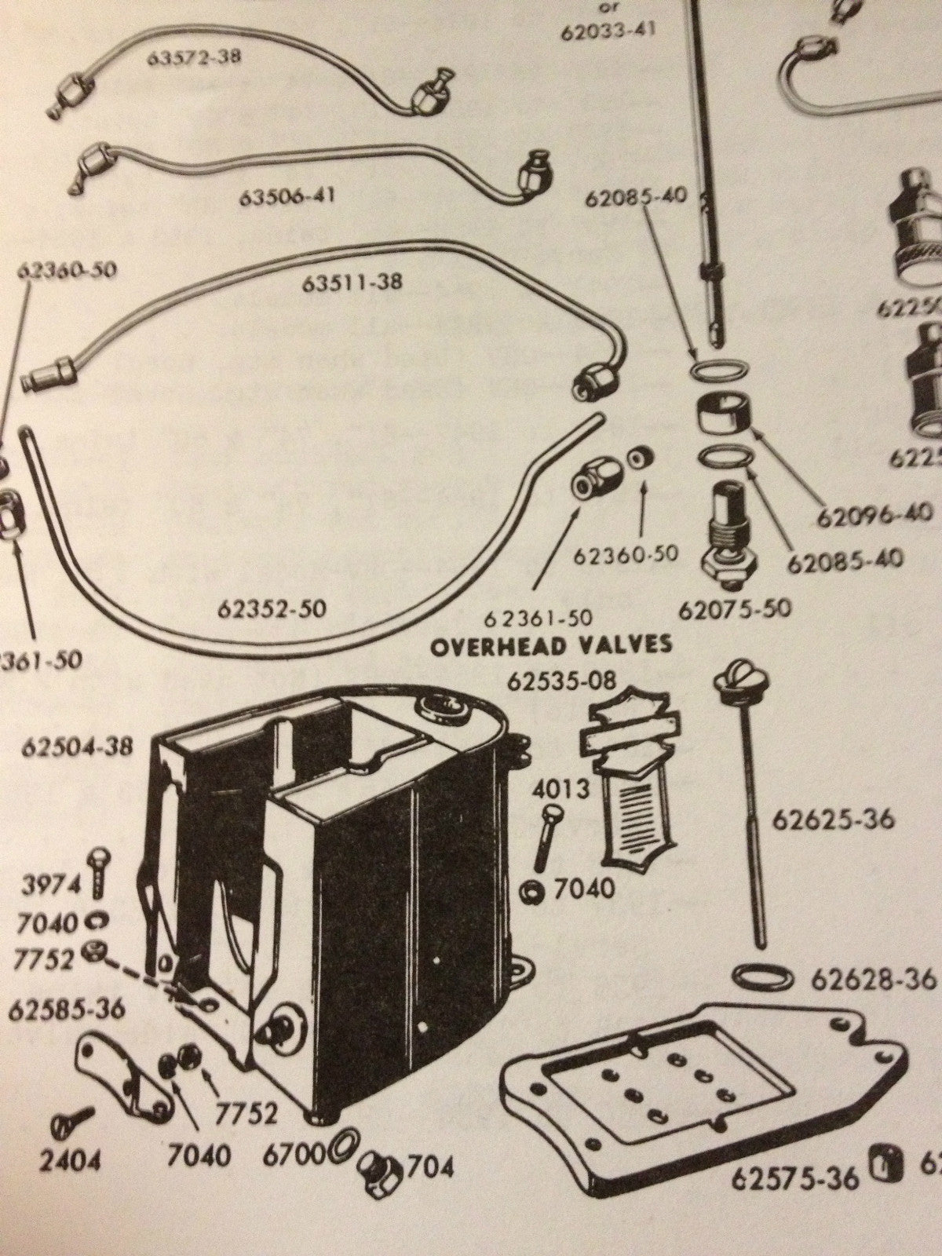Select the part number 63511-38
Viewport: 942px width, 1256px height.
tap(351, 282)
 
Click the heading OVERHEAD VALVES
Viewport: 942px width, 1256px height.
tap(553, 644)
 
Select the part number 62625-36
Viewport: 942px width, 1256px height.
tap(833, 820)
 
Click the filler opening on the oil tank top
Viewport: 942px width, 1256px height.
tap(443, 710)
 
